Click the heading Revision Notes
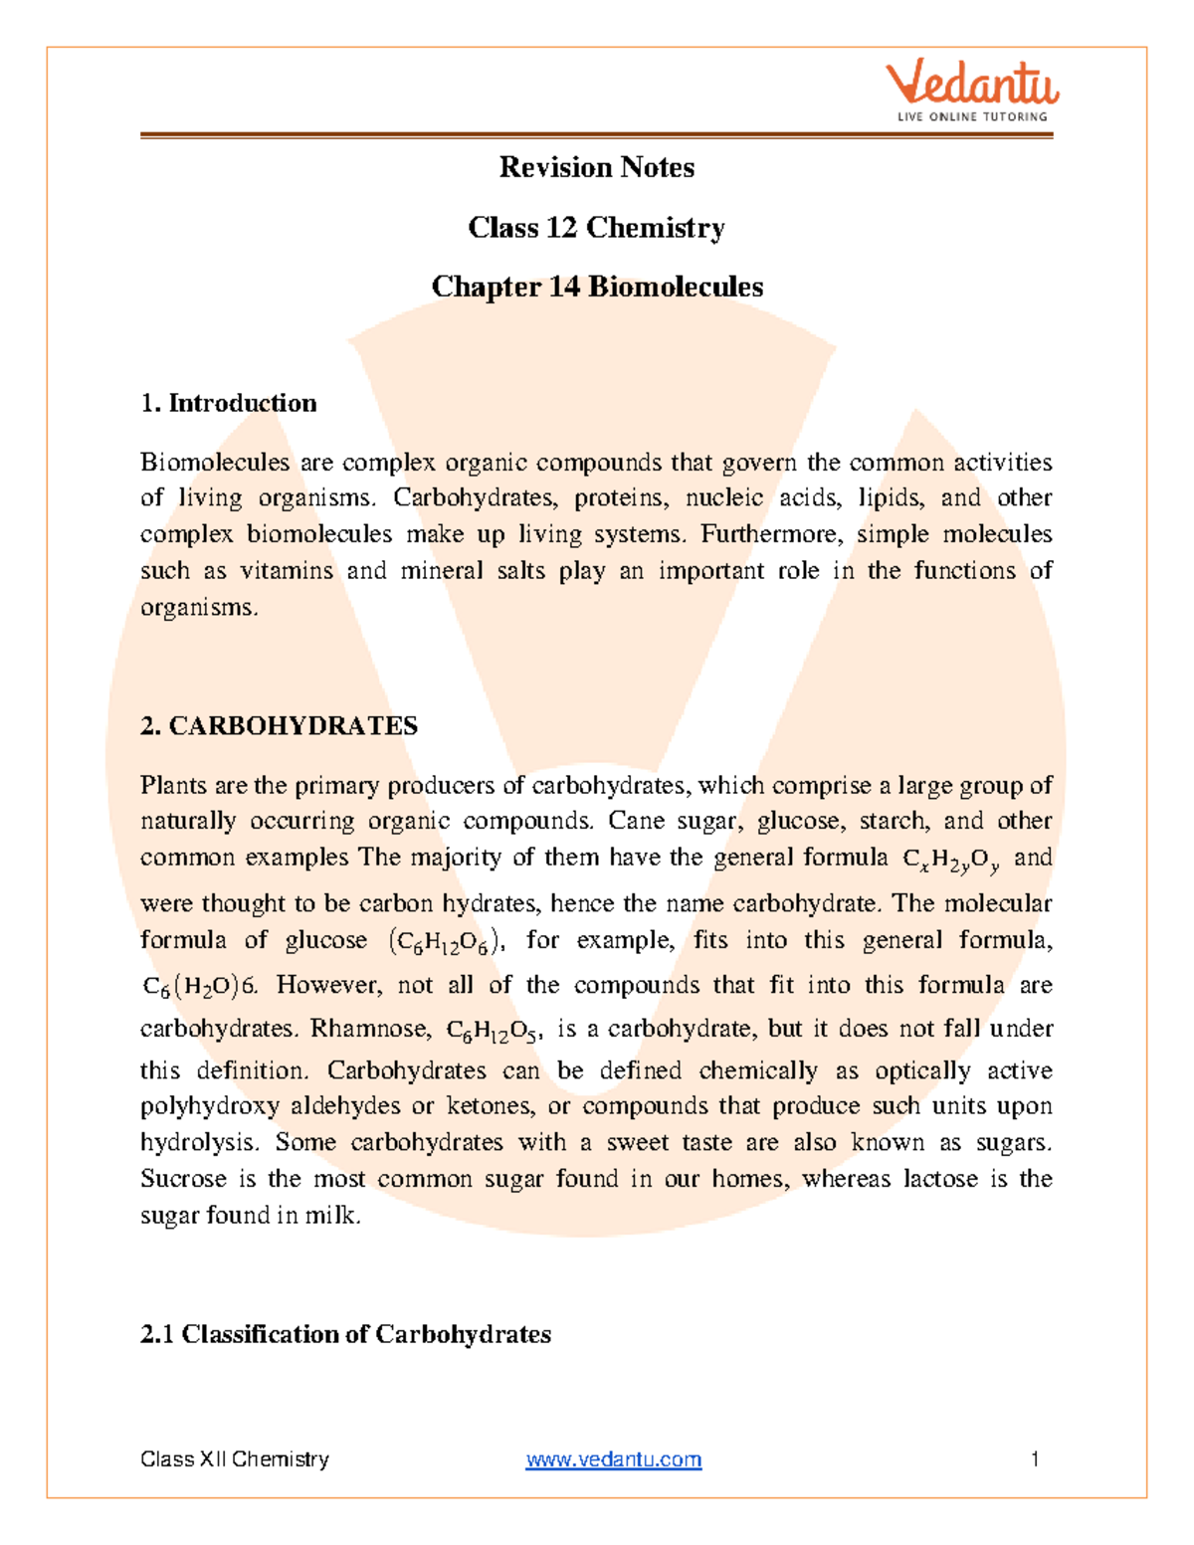click(x=596, y=167)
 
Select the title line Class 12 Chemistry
click(x=596, y=228)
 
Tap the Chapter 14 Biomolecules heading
click(x=597, y=287)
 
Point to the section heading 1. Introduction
click(x=229, y=403)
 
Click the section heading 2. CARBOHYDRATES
click(x=279, y=725)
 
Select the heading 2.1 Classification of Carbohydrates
click(x=345, y=1334)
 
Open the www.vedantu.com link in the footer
click(x=613, y=1459)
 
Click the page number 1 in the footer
click(x=1035, y=1459)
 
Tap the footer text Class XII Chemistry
click(x=235, y=1459)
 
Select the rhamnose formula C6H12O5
click(x=493, y=1031)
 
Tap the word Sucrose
click(x=183, y=1179)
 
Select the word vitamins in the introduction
click(x=287, y=571)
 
